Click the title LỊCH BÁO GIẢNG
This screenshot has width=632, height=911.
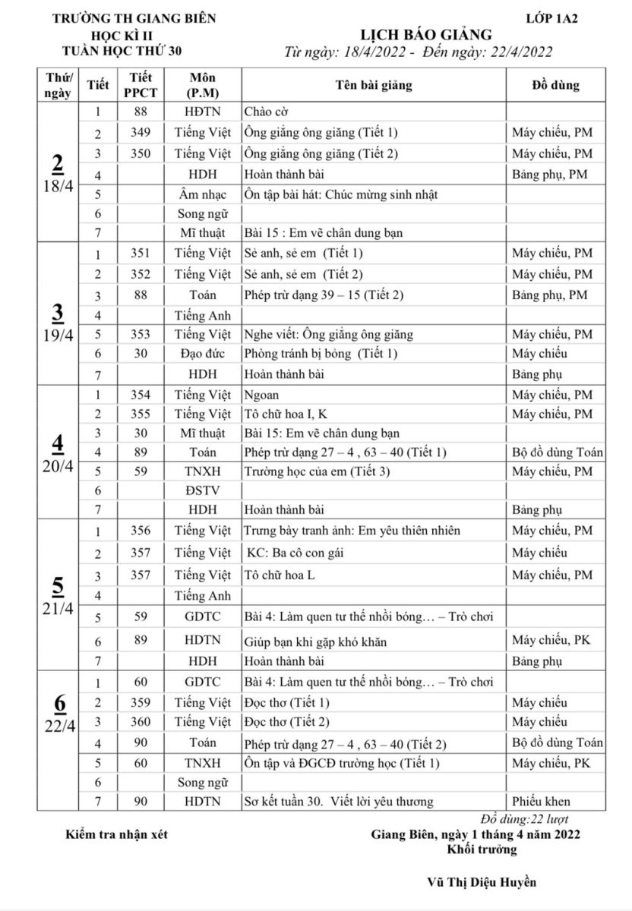tap(425, 35)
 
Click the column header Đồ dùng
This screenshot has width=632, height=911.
tap(555, 85)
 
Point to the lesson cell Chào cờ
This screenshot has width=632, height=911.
tap(267, 112)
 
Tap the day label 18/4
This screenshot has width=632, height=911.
tap(58, 188)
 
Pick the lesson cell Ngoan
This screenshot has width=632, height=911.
tap(262, 395)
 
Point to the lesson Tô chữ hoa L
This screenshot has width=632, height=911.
tap(280, 575)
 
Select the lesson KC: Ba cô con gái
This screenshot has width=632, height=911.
tap(296, 553)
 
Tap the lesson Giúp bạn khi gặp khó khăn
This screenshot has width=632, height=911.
tap(315, 642)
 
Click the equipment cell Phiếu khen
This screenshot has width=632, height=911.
tap(542, 801)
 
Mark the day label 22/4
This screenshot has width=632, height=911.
tap(58, 725)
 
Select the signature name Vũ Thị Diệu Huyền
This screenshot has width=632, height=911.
tap(482, 882)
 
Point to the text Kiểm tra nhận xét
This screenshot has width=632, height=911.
tap(117, 835)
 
